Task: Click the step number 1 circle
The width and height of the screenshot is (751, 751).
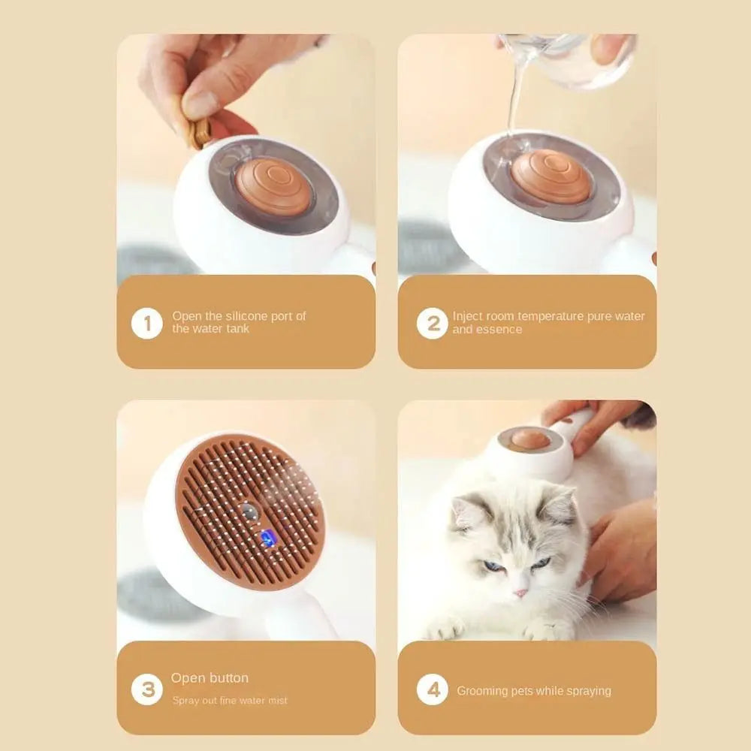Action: pyautogui.click(x=146, y=324)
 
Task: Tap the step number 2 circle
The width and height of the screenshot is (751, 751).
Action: pyautogui.click(x=432, y=324)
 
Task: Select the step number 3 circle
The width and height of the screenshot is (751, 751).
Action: pyautogui.click(x=146, y=689)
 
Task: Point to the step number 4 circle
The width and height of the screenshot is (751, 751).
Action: pyautogui.click(x=432, y=689)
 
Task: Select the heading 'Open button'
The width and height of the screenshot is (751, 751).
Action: pyautogui.click(x=210, y=678)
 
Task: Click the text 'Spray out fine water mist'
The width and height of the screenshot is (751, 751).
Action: pyautogui.click(x=230, y=701)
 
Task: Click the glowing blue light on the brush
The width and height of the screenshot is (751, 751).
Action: pyautogui.click(x=267, y=537)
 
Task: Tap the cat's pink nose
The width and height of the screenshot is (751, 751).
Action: pyautogui.click(x=520, y=593)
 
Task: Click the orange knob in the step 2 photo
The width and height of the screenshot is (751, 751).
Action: pyautogui.click(x=551, y=176)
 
